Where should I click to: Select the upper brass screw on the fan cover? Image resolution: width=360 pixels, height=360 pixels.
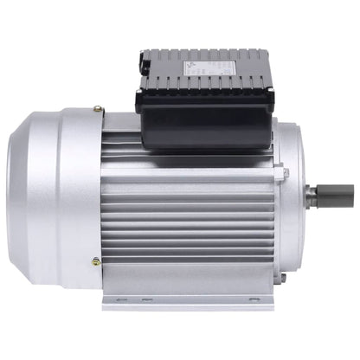click(98, 110)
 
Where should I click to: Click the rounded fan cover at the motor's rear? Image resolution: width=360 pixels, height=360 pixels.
click(52, 186)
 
